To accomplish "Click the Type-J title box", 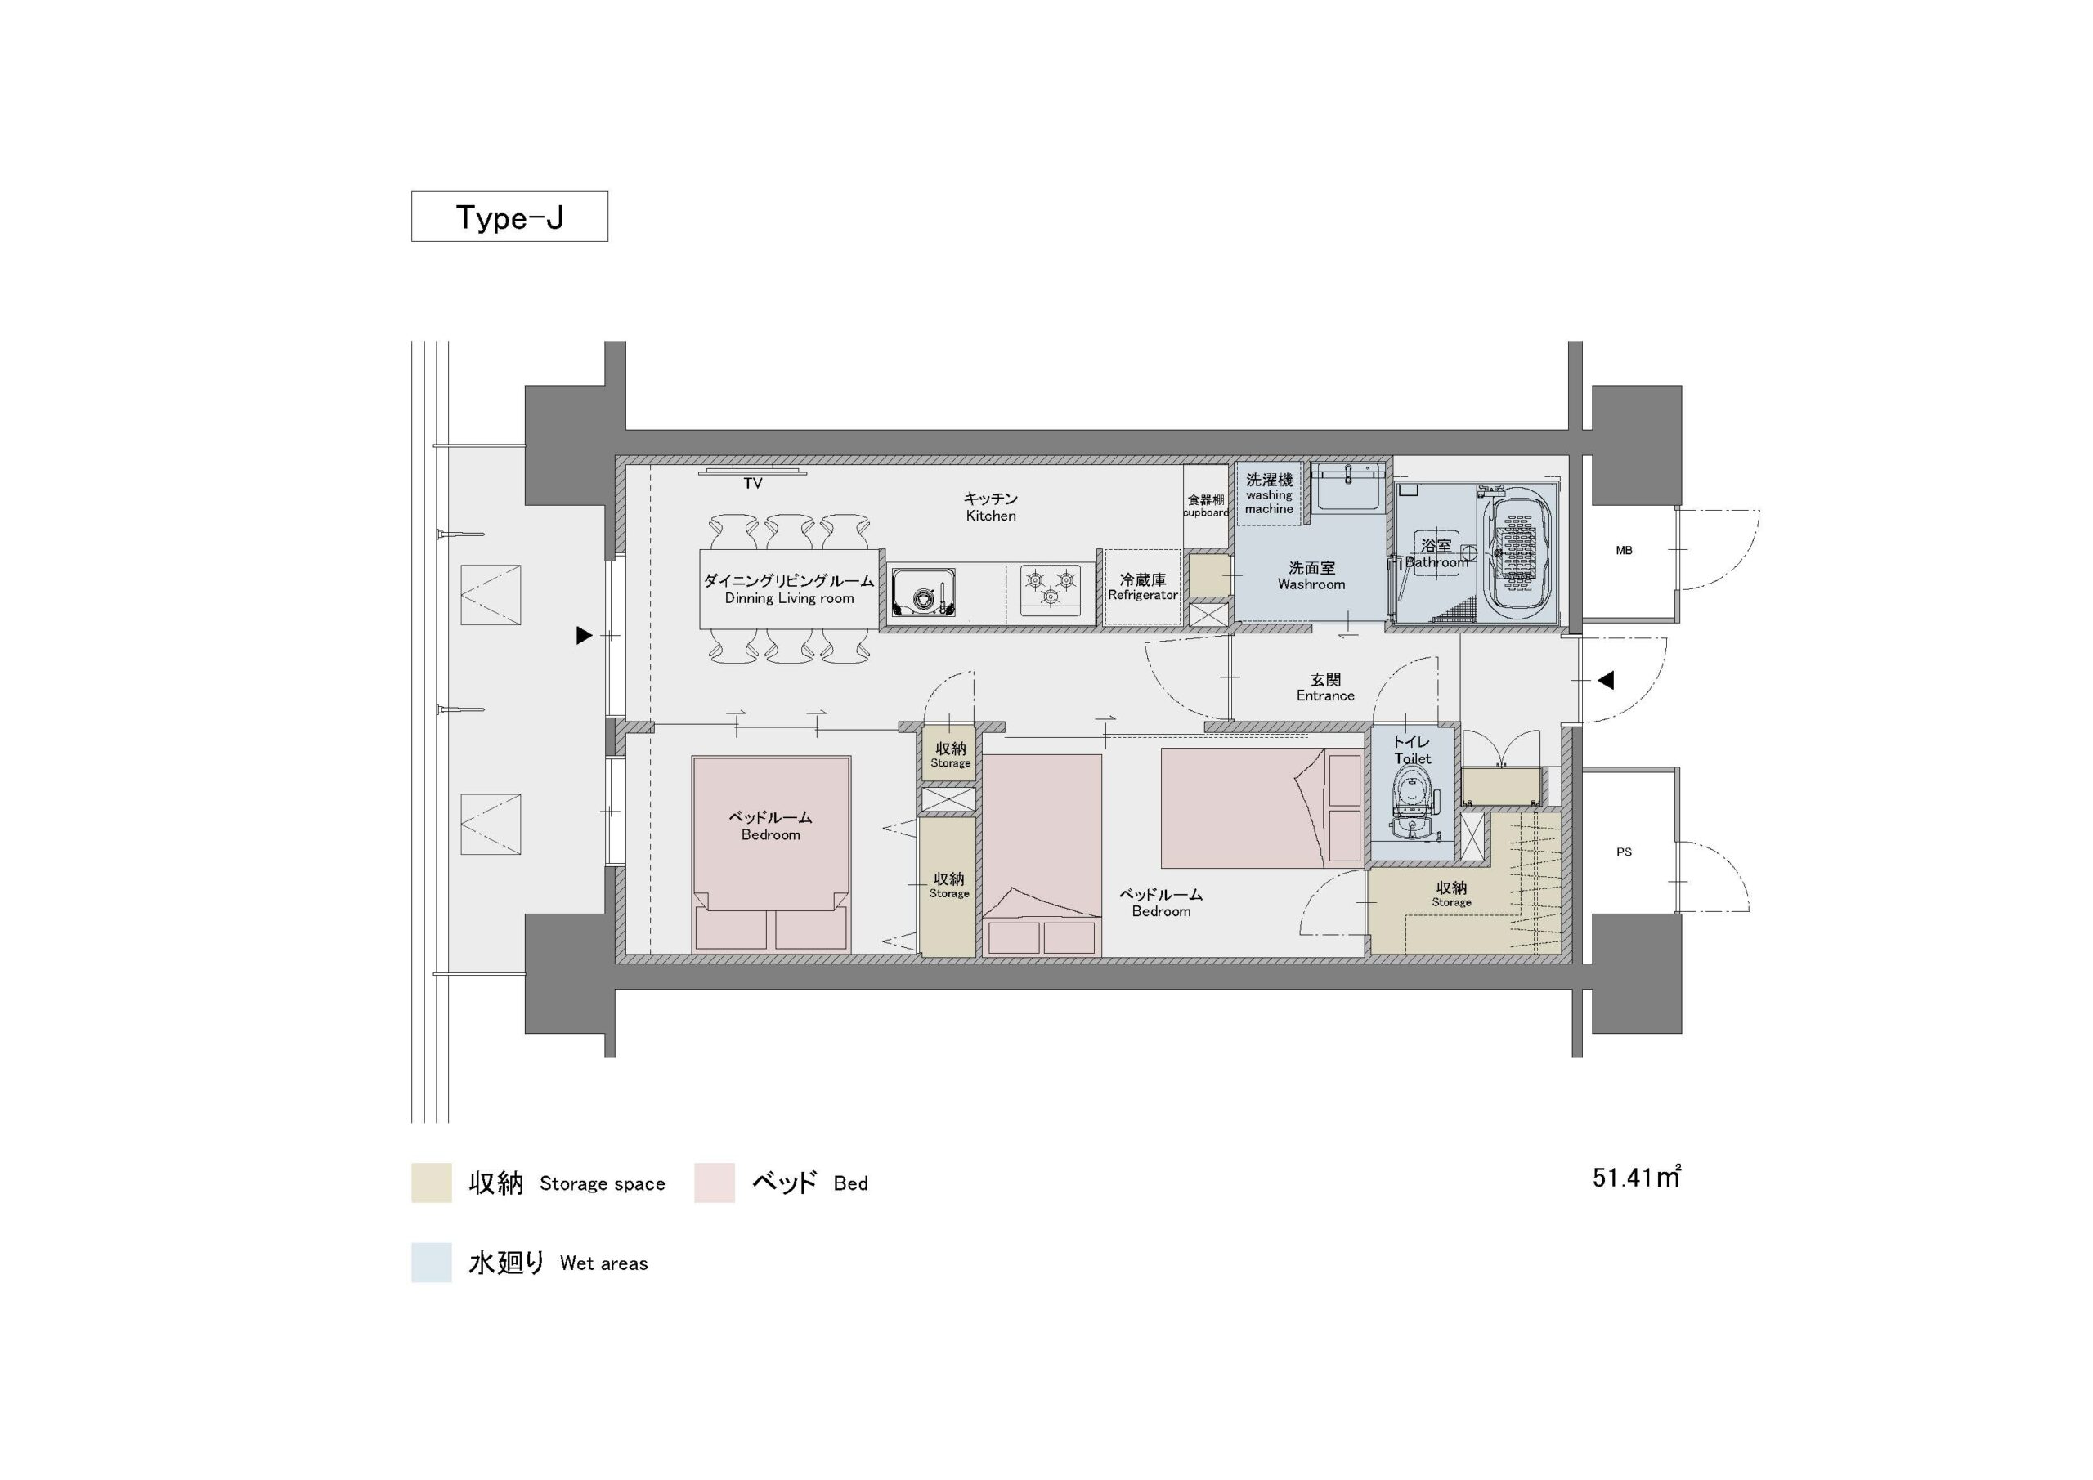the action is click(509, 217).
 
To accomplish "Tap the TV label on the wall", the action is click(752, 484).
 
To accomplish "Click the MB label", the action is click(1624, 551).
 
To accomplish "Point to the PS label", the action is click(1624, 852).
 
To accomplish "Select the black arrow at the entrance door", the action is click(1605, 680).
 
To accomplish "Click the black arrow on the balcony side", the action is click(585, 635).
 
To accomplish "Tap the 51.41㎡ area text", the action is click(1636, 1178).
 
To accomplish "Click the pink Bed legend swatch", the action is click(714, 1183).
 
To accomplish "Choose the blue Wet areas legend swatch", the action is click(431, 1262).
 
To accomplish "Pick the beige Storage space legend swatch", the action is click(431, 1183).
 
